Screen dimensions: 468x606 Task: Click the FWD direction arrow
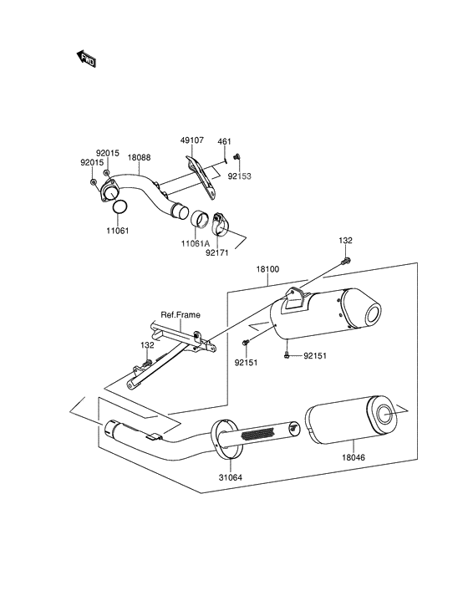point(86,59)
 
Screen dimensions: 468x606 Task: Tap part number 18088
point(139,158)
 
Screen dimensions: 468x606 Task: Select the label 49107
point(192,140)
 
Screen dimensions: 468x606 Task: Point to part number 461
point(224,141)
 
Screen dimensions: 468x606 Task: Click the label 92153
point(239,176)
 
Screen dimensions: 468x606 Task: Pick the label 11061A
point(196,243)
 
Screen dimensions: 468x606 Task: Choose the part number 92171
point(216,252)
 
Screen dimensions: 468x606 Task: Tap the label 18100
point(267,269)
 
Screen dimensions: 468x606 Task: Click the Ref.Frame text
point(181,315)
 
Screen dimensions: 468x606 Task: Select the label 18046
point(354,457)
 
